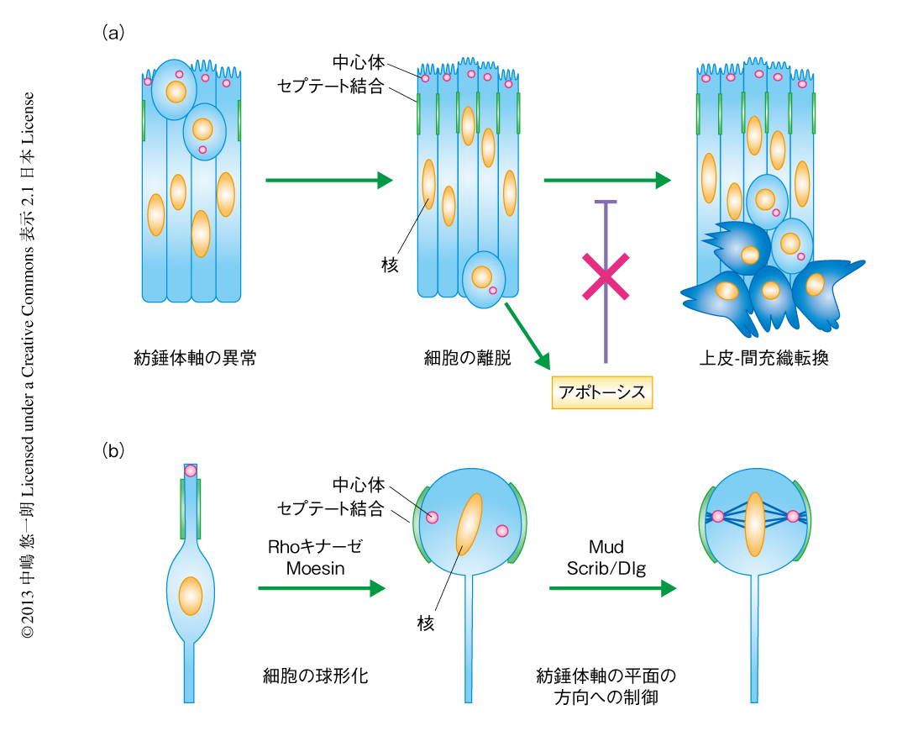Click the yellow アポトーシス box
pyautogui.click(x=601, y=392)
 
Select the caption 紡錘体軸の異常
pyautogui.click(x=195, y=358)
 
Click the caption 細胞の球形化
pyautogui.click(x=315, y=675)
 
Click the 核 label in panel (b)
pyautogui.click(x=426, y=623)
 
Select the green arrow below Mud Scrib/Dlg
pyautogui.click(x=612, y=589)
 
